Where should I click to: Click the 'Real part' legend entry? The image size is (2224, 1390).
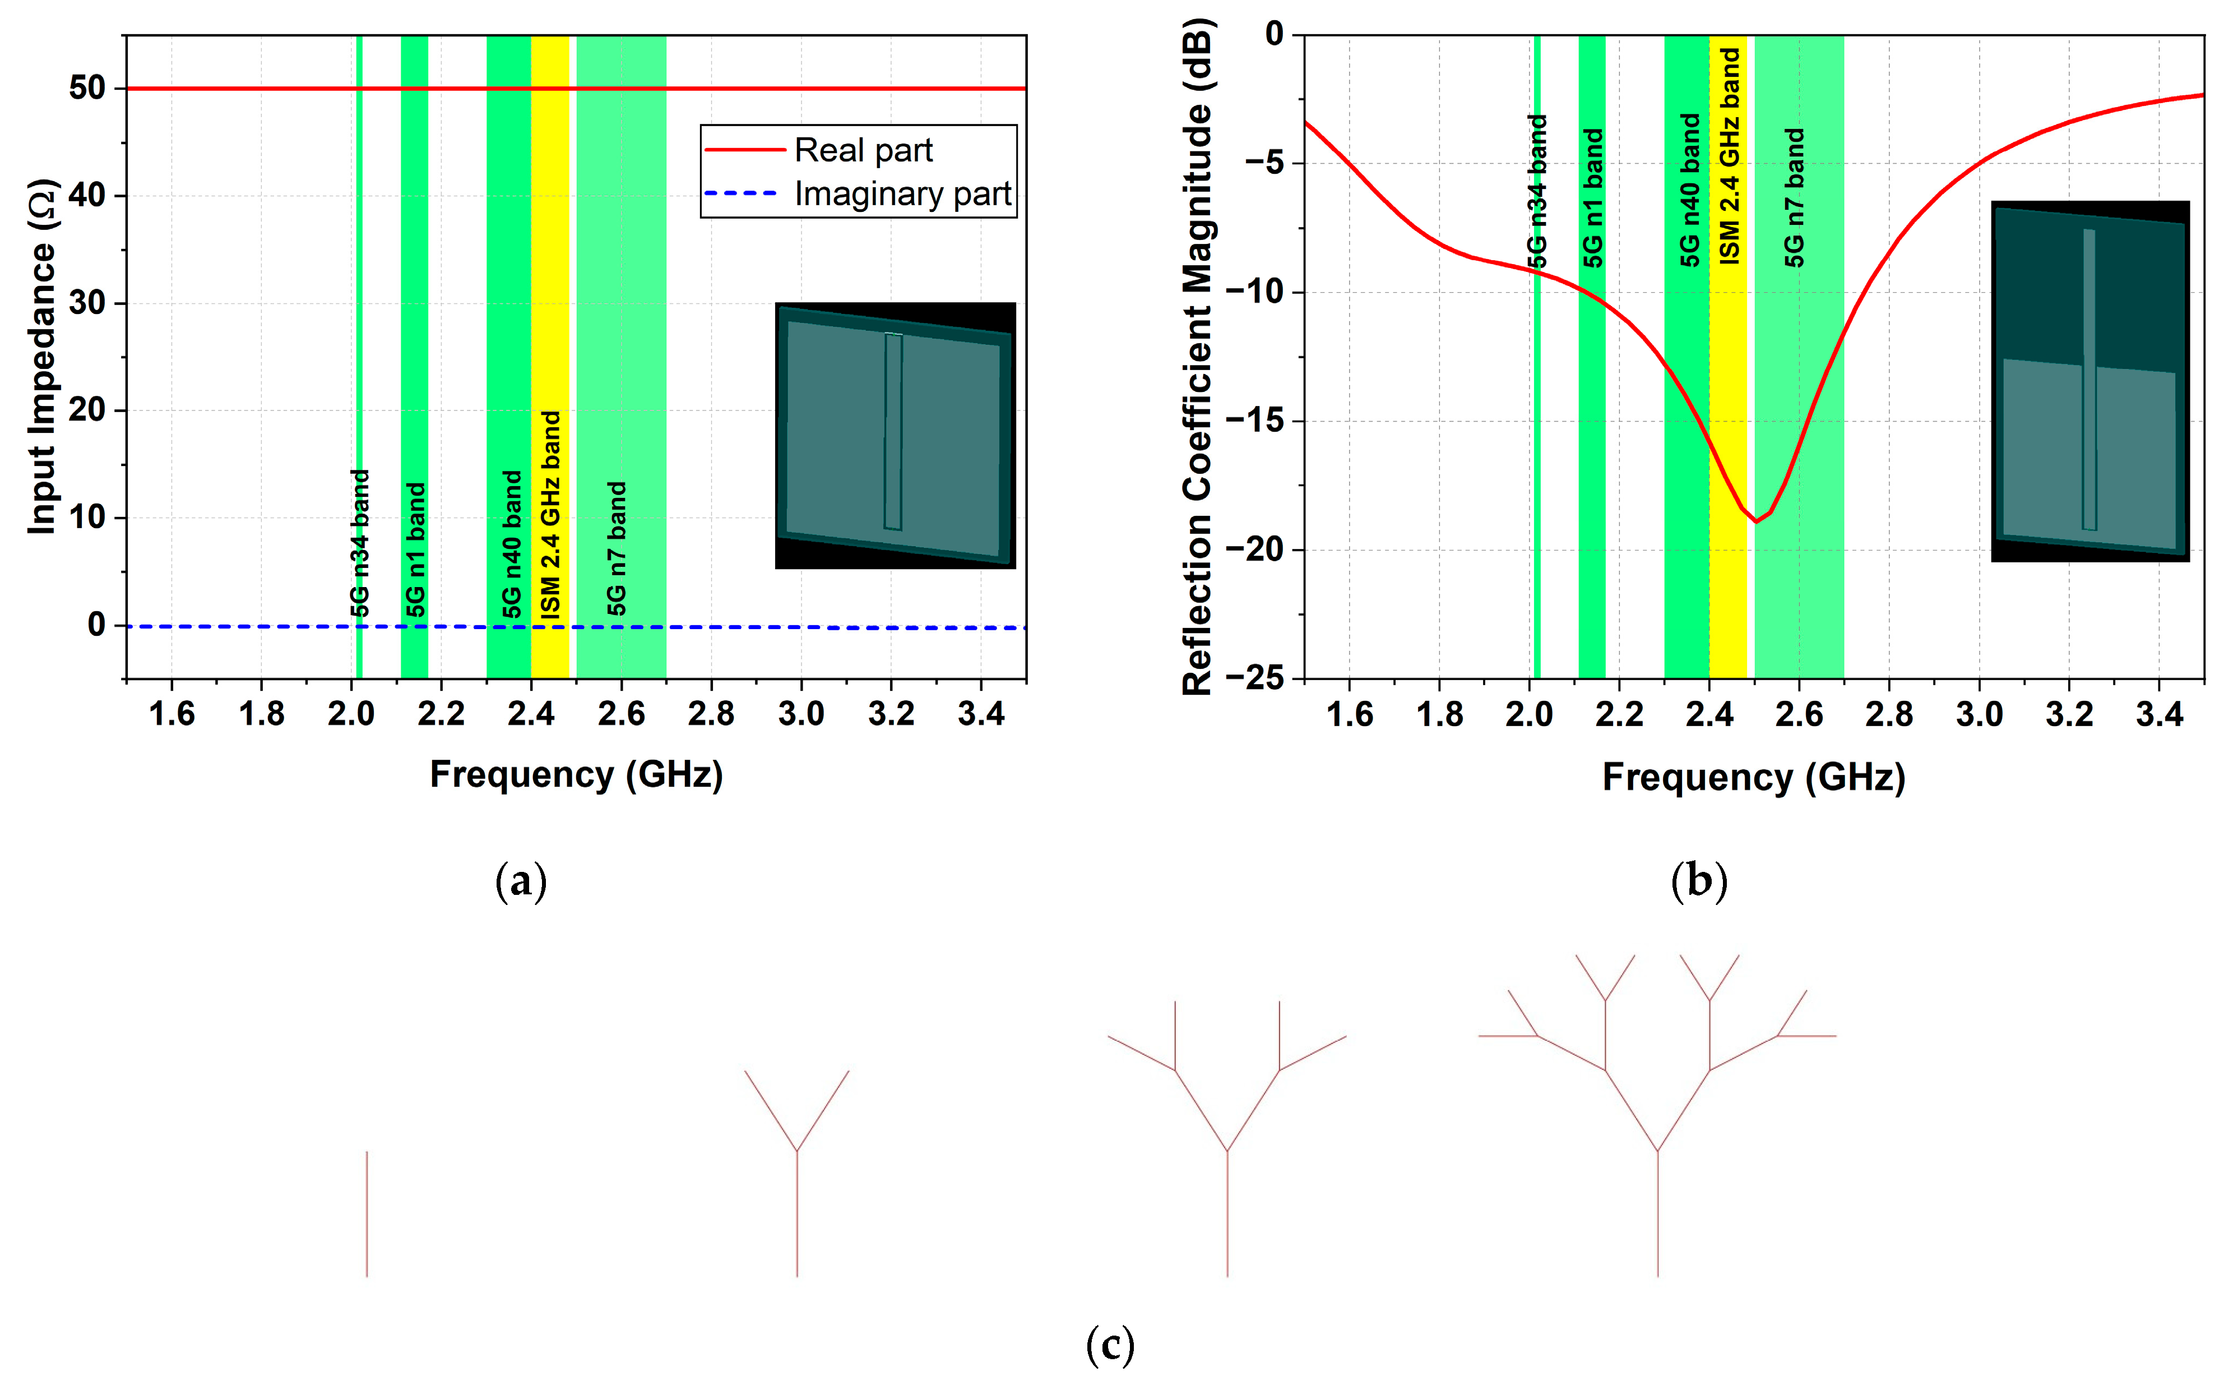point(862,150)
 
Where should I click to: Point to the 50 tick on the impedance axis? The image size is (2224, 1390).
point(87,88)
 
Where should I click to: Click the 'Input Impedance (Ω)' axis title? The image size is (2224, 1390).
point(42,357)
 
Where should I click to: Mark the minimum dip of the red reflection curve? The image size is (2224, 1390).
point(1756,521)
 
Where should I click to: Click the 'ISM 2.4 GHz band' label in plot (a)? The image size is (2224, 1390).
point(550,514)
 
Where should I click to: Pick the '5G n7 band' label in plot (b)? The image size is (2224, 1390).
point(1794,198)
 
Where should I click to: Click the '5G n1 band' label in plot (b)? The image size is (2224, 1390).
point(1593,198)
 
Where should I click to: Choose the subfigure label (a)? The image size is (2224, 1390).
point(521,881)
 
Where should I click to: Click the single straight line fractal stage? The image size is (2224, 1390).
point(367,1213)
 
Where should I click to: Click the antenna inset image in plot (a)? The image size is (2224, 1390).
point(895,435)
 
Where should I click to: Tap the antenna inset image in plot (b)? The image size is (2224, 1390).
point(2090,381)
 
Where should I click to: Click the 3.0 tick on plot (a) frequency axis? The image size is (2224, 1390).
point(800,713)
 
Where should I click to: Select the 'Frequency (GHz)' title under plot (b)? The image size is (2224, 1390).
point(1753,777)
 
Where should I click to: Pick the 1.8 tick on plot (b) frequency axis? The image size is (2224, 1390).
point(1439,713)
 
